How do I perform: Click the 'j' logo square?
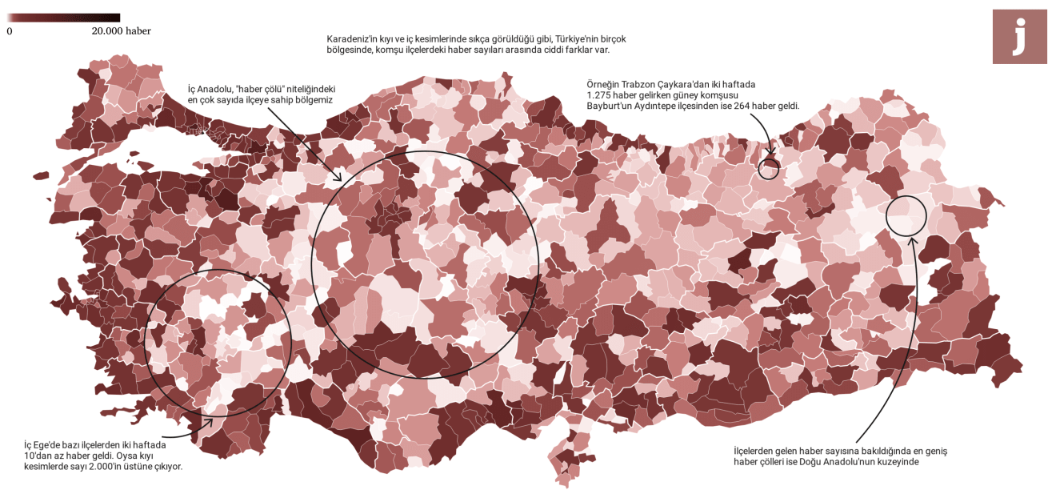coord(1019,37)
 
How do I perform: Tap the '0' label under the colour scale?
coord(10,31)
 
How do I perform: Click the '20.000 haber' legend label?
coord(122,31)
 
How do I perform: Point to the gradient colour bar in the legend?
coord(64,18)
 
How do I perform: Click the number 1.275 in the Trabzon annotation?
coord(600,95)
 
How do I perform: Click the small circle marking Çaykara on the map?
coord(769,168)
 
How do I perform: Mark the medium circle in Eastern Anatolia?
coord(906,216)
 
